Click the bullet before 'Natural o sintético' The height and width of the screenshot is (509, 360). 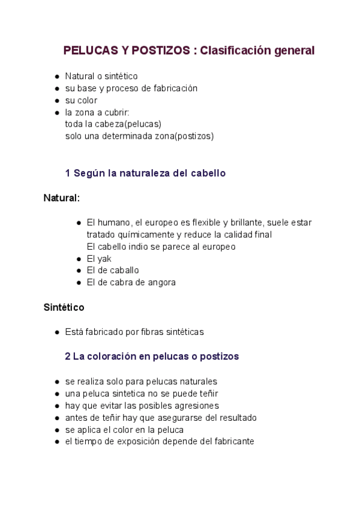[56, 76]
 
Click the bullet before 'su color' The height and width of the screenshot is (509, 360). [56, 100]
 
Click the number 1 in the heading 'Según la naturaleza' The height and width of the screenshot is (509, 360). [68, 173]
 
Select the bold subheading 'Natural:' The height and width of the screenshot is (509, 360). [61, 197]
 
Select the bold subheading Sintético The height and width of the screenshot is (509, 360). [64, 307]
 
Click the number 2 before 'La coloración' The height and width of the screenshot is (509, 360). [68, 356]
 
